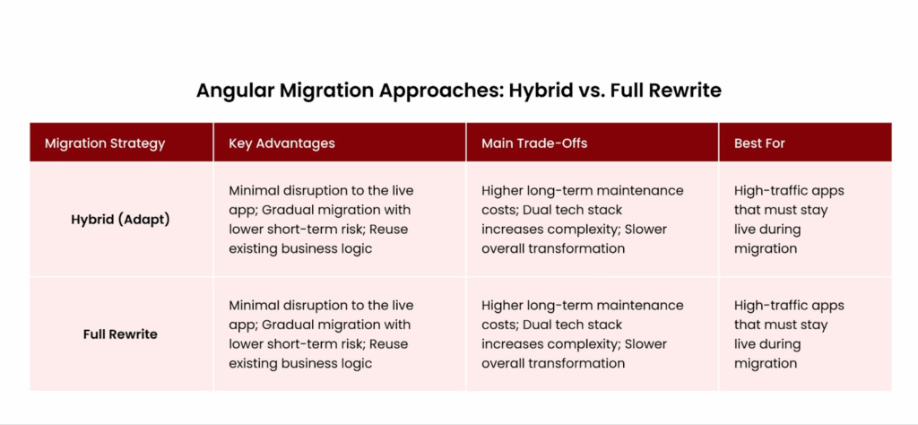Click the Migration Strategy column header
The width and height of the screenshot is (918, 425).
(x=105, y=143)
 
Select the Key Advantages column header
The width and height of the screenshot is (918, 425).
(x=281, y=143)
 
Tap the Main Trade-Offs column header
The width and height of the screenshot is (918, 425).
(x=534, y=143)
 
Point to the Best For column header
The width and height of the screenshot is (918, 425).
(x=759, y=143)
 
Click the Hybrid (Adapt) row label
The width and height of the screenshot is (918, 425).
(x=120, y=220)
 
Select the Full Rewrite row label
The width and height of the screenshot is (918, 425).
(x=120, y=334)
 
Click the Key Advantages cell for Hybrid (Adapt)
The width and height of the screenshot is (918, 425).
(x=321, y=220)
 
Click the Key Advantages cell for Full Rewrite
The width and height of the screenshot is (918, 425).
(x=321, y=334)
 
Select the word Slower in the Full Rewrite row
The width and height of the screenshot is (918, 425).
(x=645, y=343)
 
